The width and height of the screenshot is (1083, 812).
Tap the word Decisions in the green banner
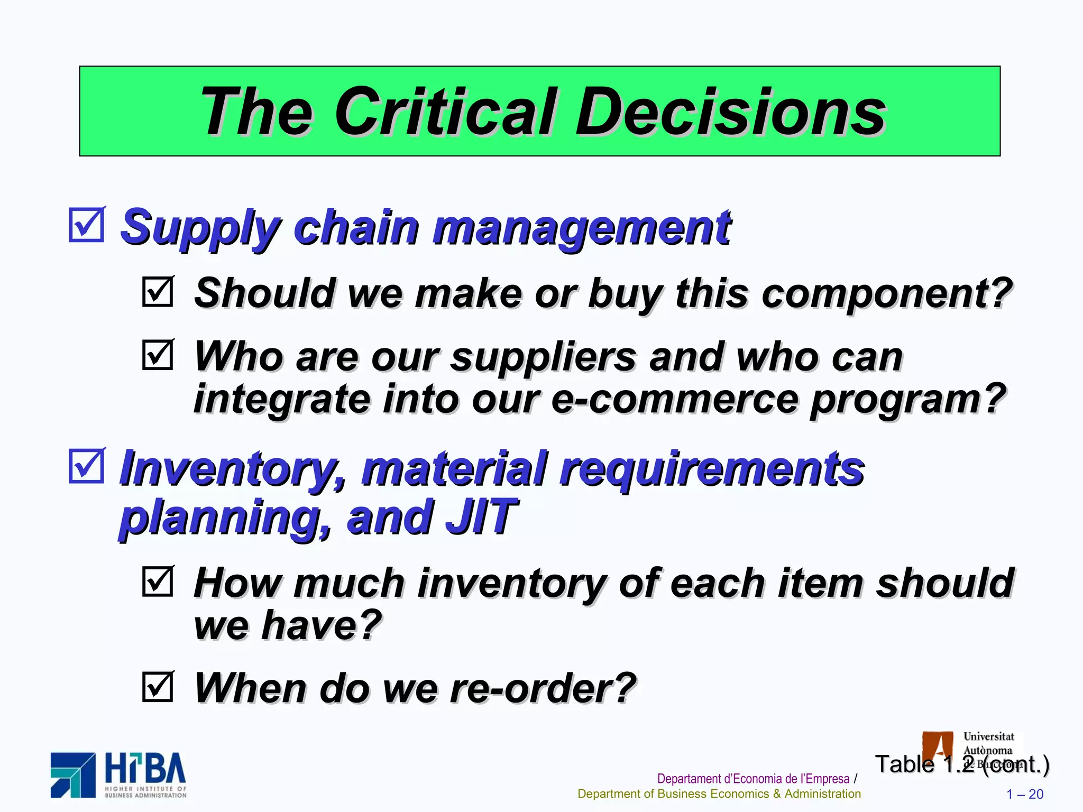730,112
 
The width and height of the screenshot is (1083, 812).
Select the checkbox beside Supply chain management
86,225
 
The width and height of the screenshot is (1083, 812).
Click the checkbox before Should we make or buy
158,291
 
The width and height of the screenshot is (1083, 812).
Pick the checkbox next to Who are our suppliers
158,355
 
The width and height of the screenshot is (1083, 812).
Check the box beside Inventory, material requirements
86,466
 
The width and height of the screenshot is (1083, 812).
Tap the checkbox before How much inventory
158,582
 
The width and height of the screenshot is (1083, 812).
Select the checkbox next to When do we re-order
158,686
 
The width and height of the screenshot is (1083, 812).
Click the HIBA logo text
145,769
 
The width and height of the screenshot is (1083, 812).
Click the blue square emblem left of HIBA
73,775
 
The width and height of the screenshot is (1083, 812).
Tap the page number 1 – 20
1024,794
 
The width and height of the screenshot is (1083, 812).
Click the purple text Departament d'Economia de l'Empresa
753,779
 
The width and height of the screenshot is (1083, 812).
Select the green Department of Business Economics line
719,794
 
